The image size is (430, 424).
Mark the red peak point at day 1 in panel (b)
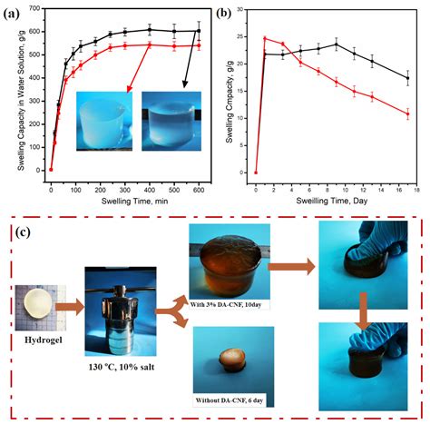pyautogui.click(x=264, y=38)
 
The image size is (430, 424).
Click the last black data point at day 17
pyautogui.click(x=408, y=78)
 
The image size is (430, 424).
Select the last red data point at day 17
pyautogui.click(x=408, y=114)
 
